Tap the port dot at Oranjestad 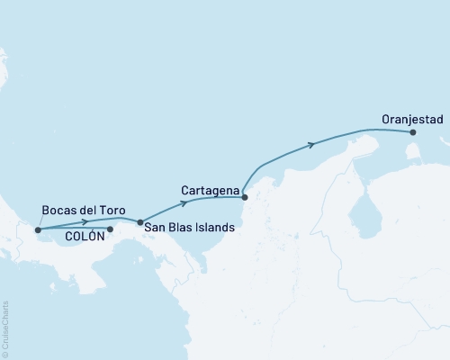point(413,132)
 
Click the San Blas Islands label point(188,229)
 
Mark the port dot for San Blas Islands point(139,221)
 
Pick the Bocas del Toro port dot point(38,229)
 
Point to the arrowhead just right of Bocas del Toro point(85,221)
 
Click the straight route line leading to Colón point(76,230)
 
